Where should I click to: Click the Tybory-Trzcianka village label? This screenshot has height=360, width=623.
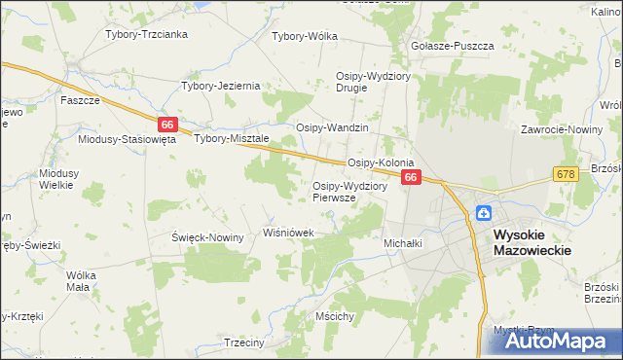pos(146,34)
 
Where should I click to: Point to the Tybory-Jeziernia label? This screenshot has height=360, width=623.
pos(221,86)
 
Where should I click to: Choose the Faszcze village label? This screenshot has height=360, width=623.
pos(79,100)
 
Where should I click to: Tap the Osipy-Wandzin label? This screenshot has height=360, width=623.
pos(332,128)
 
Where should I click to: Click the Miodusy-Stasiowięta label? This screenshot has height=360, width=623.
pos(127,139)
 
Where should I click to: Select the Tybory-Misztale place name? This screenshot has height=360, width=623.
pos(231,138)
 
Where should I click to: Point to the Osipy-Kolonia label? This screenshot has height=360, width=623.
pos(381,162)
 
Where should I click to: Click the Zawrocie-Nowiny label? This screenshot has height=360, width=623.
pos(559,128)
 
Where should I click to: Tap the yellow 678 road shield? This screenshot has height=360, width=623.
pos(565,173)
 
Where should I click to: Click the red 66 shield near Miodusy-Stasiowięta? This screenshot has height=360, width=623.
pos(167,125)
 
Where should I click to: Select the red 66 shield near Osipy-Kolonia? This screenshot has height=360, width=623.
pos(411,177)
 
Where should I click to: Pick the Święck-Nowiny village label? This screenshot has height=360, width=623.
pos(207,237)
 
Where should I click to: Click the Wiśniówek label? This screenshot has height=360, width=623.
pos(289,234)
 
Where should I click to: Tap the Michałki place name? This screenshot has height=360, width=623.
pos(403,242)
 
